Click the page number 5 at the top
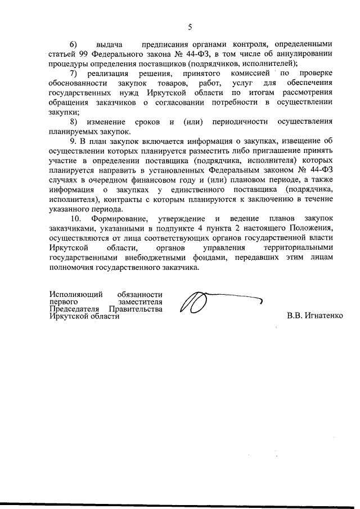click(x=190, y=27)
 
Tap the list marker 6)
click(x=73, y=44)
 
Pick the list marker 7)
click(x=73, y=73)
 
